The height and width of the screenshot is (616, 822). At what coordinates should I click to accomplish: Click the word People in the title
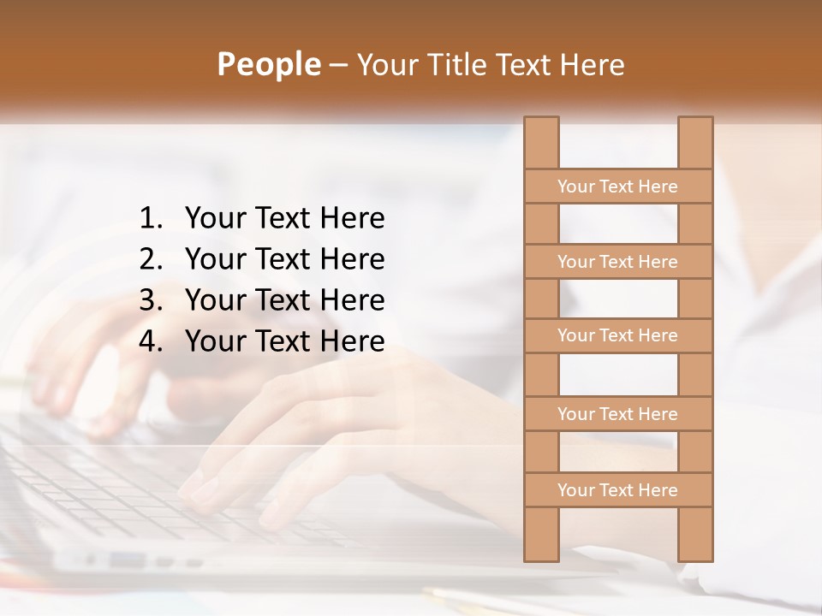(268, 64)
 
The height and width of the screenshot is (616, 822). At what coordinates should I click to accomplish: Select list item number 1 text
(284, 219)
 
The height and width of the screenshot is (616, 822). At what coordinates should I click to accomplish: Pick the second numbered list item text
(284, 259)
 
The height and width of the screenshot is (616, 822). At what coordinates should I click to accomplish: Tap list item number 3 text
(284, 300)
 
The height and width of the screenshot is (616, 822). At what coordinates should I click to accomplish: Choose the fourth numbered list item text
(284, 341)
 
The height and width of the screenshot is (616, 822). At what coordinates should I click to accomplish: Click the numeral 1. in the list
(150, 219)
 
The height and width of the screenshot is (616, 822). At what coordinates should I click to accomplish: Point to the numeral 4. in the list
(150, 341)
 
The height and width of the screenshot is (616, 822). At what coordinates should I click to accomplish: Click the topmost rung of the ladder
(617, 187)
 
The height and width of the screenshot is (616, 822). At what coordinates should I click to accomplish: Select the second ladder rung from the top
(617, 262)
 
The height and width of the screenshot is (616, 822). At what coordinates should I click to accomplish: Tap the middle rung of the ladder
(617, 335)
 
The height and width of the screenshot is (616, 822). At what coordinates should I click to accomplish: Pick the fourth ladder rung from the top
(617, 414)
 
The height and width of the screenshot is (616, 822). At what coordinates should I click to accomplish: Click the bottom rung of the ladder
(617, 490)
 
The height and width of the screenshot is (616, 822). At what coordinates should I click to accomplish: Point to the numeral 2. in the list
(150, 259)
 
